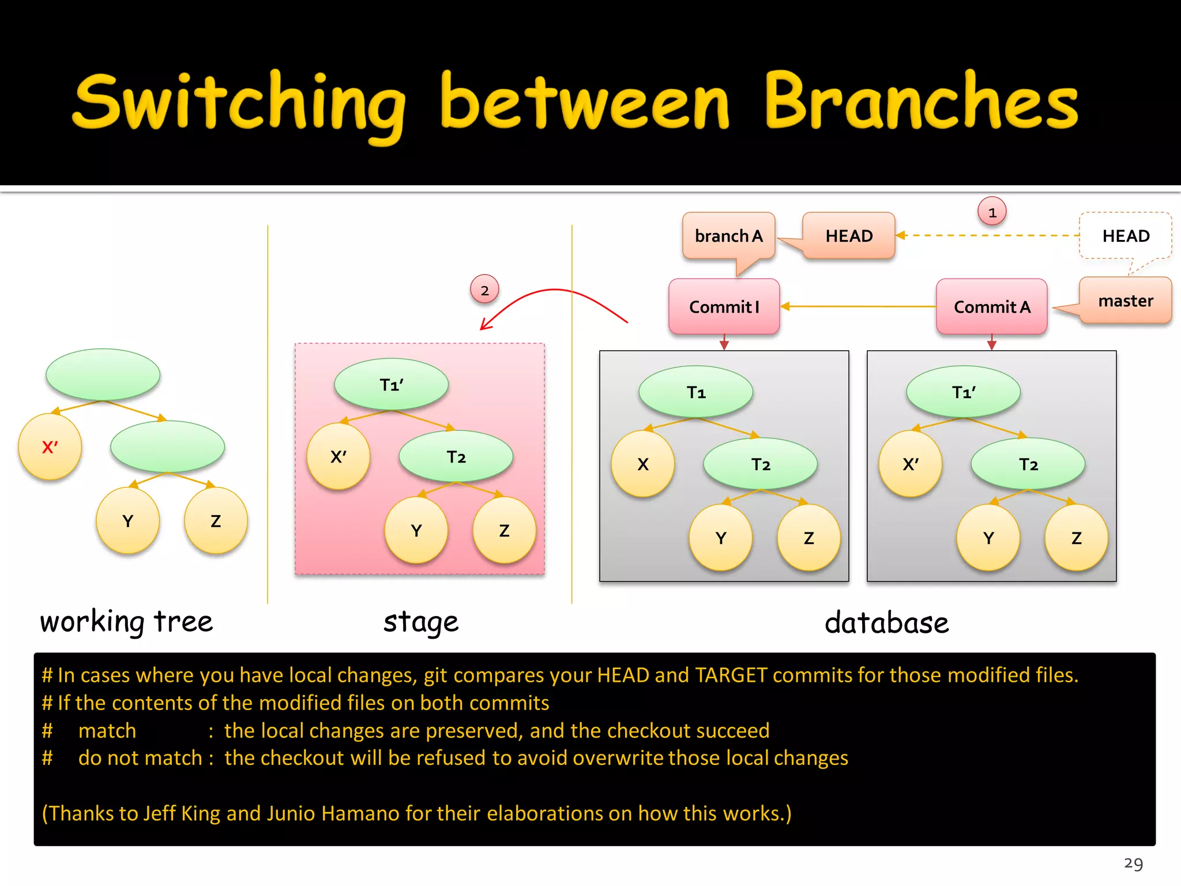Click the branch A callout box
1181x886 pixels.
click(x=728, y=236)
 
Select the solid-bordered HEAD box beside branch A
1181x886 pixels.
click(x=848, y=236)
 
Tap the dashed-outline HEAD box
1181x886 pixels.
click(x=1125, y=236)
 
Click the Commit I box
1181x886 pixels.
click(x=724, y=307)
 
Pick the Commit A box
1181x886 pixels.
click(x=991, y=307)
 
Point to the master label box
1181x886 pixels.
click(x=1125, y=301)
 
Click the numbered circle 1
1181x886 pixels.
click(x=992, y=212)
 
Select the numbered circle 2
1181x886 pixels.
click(x=484, y=290)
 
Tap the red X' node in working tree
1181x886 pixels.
click(x=50, y=447)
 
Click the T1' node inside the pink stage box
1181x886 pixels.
click(x=391, y=385)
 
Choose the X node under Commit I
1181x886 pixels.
click(x=642, y=464)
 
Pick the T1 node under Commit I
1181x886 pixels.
click(x=695, y=392)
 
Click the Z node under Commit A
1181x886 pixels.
click(x=1076, y=538)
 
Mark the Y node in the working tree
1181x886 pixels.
click(x=127, y=521)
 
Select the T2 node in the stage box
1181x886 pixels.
click(x=456, y=457)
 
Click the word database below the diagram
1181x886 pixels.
click(x=886, y=623)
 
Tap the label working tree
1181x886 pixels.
click(x=126, y=622)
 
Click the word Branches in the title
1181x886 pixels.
click(x=921, y=103)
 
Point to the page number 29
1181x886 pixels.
click(x=1133, y=864)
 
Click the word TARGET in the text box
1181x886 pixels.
click(x=731, y=675)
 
